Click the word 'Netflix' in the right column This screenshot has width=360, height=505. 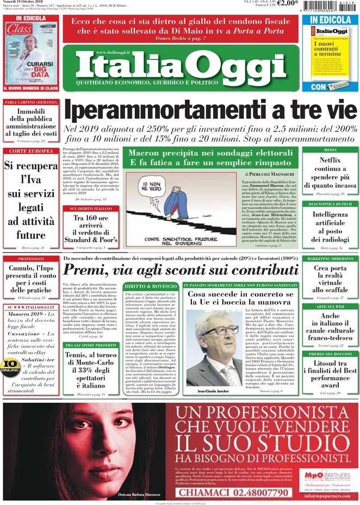[x=330, y=161]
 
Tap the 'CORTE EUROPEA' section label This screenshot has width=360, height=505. [x=31, y=151]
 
